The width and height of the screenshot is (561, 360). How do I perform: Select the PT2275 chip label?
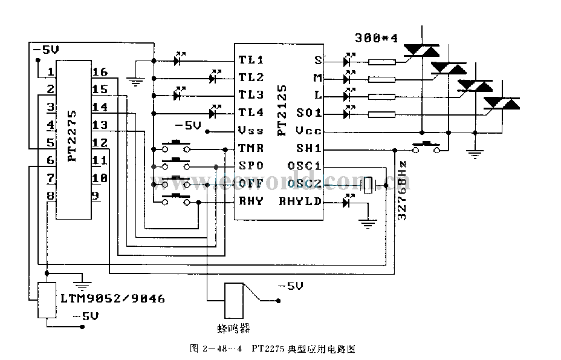[72, 134]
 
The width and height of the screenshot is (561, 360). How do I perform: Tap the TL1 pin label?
[251, 60]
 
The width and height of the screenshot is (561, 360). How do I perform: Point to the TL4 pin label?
[251, 113]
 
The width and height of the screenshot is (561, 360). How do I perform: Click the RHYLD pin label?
[300, 201]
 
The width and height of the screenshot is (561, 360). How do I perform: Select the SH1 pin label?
[310, 148]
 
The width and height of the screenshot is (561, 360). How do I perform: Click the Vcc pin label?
[310, 131]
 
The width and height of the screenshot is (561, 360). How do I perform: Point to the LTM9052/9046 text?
[112, 299]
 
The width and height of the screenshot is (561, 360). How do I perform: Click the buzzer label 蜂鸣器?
[233, 329]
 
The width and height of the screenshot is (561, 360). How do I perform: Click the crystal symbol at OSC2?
[368, 185]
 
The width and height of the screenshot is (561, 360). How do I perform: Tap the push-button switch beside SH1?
[426, 146]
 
